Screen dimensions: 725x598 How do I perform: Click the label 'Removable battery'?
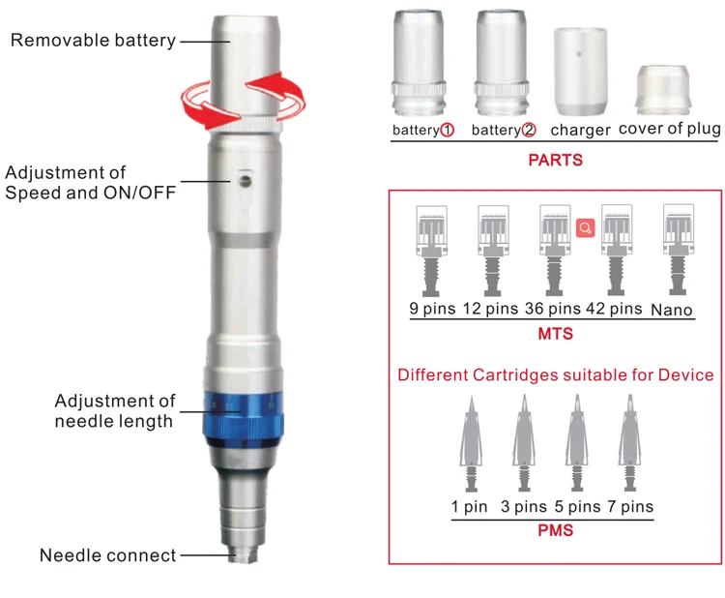point(93,41)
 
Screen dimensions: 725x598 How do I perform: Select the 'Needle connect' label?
point(108,555)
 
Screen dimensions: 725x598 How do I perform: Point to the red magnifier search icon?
point(584,228)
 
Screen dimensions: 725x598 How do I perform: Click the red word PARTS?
point(555,160)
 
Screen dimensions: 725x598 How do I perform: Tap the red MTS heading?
point(555,334)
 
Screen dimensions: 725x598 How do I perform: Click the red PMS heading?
point(555,530)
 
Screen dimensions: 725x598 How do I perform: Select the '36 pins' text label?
point(553,310)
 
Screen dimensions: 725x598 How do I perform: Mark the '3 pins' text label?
point(523,507)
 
